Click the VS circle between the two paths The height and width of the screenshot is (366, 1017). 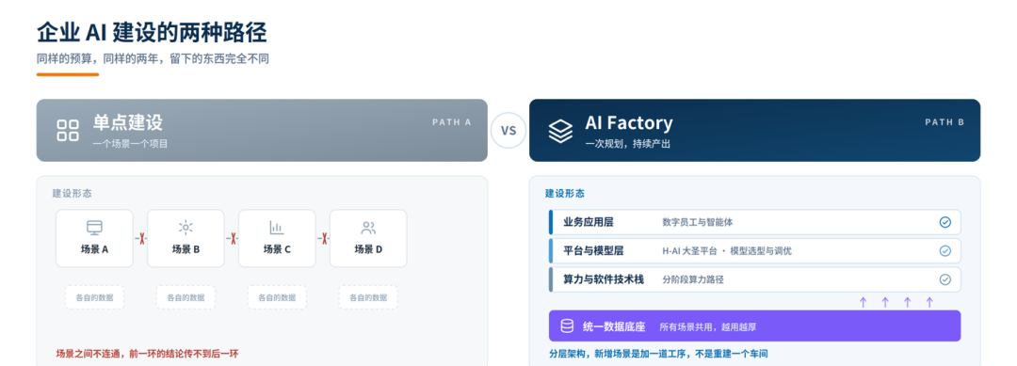[x=508, y=130]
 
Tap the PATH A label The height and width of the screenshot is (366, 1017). [x=451, y=121]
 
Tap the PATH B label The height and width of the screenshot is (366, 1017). [x=944, y=121]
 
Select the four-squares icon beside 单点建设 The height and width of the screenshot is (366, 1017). [x=68, y=130]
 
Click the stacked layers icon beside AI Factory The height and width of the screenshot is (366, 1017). [x=560, y=130]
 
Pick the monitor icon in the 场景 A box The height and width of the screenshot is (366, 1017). [x=95, y=228]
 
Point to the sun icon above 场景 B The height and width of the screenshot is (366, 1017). [x=186, y=228]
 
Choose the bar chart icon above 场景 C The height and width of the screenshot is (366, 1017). [x=277, y=228]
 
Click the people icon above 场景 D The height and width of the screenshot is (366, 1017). [x=368, y=228]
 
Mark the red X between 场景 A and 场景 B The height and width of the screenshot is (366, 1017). [x=140, y=238]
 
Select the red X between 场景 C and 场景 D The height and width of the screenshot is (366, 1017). [x=323, y=238]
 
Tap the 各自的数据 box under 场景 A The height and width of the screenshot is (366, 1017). [x=94, y=297]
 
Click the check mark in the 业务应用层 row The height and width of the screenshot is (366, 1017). [x=945, y=222]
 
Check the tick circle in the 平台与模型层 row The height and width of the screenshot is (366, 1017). [x=945, y=250]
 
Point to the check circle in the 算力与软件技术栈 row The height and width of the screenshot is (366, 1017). [x=945, y=279]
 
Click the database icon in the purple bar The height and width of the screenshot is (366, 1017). [x=567, y=326]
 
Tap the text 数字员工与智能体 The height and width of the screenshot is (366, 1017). [x=698, y=222]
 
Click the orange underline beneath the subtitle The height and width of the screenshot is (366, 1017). [x=68, y=74]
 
